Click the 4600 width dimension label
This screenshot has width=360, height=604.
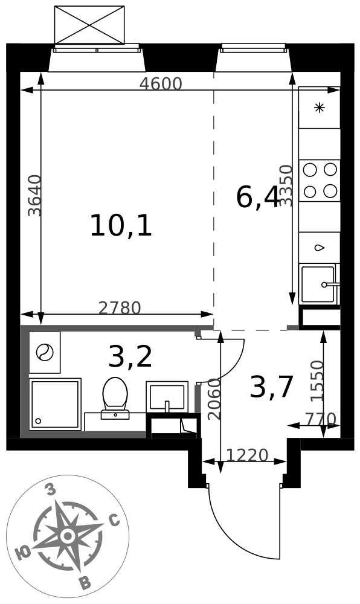click(161, 83)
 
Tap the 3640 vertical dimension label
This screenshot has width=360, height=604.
click(35, 196)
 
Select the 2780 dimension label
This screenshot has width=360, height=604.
click(120, 308)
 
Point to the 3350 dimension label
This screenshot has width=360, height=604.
click(286, 185)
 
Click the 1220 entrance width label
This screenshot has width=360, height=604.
click(247, 455)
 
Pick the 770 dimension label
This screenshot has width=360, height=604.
click(321, 419)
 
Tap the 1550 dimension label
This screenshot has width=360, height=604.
click(318, 381)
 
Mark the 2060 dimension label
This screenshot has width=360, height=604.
click(214, 399)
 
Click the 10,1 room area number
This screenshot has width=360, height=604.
click(121, 226)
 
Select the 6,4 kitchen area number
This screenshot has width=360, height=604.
click(257, 198)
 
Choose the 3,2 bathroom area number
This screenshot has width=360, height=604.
click(130, 357)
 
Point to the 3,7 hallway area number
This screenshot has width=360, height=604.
click(272, 388)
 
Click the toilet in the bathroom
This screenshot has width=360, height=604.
click(115, 398)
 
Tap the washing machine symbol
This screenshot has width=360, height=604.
click(45, 353)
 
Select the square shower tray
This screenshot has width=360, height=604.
click(56, 405)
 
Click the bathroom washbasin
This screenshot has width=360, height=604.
click(167, 397)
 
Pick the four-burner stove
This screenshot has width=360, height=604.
click(320, 180)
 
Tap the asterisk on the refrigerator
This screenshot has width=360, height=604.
click(319, 108)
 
